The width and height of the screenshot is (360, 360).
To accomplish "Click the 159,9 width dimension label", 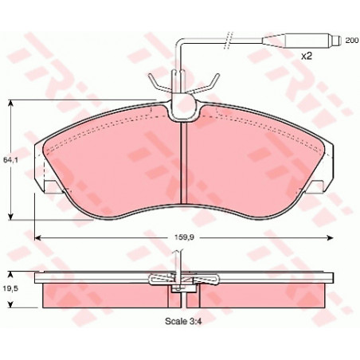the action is [185, 237].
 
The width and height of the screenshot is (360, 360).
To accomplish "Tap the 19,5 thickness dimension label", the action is [10, 289].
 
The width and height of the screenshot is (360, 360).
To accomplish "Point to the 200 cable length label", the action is [352, 41].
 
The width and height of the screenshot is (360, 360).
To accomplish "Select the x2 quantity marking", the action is [306, 56].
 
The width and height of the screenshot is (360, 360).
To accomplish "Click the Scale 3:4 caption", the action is [183, 321].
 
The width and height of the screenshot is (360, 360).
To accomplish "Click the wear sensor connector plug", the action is [301, 41].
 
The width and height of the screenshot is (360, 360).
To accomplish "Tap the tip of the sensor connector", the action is [339, 41].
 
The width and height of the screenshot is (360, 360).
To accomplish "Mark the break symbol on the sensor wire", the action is [228, 41].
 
